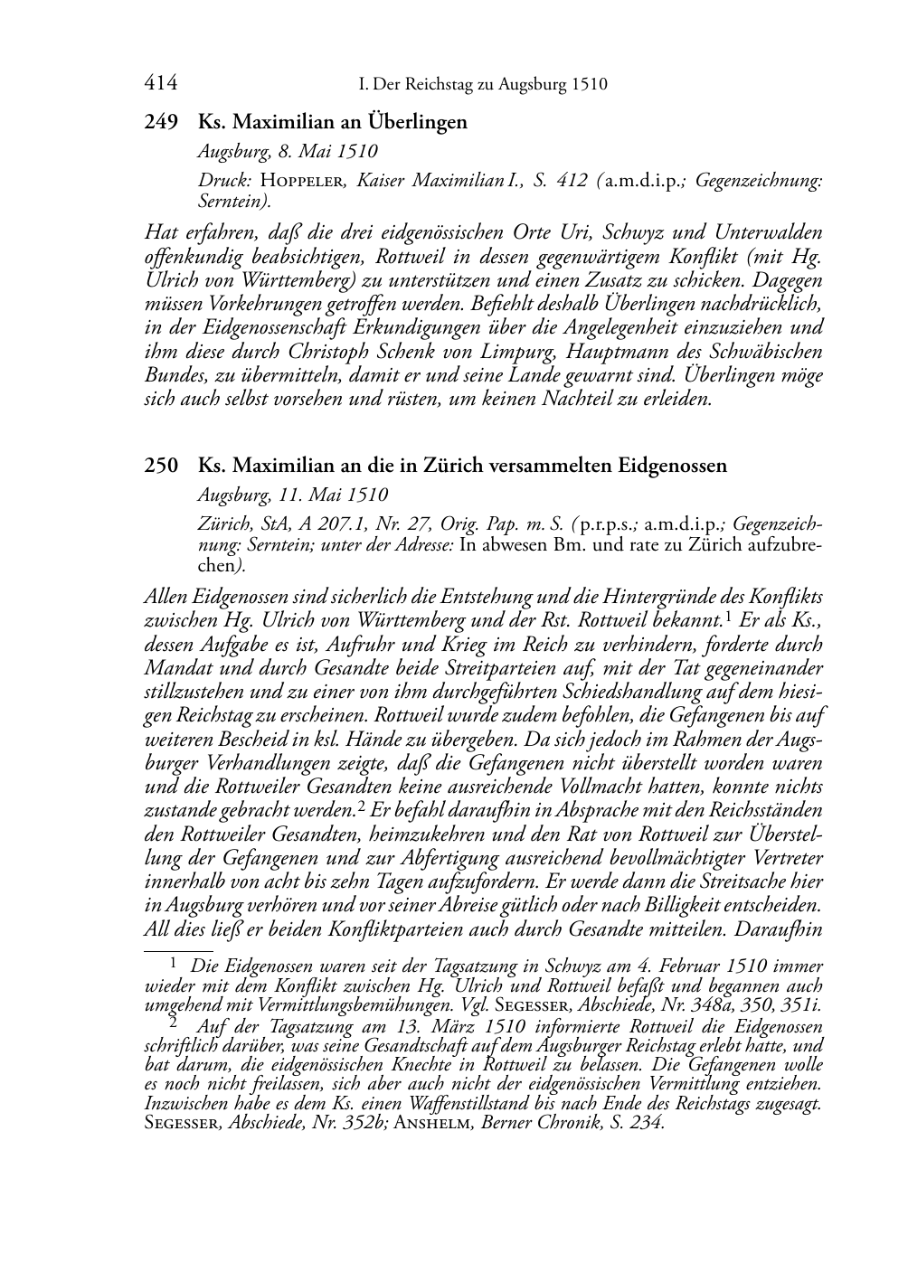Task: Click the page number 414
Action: tap(160, 84)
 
